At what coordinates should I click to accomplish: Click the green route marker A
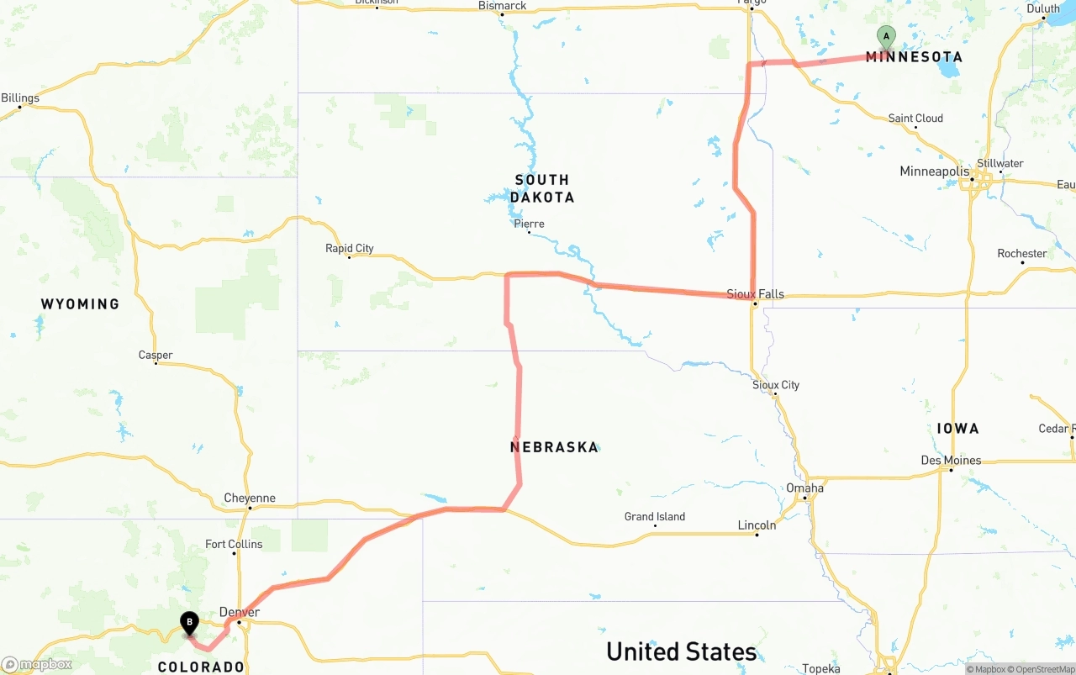(x=885, y=37)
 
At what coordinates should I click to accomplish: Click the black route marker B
(x=190, y=624)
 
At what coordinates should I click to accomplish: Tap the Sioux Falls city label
(x=755, y=294)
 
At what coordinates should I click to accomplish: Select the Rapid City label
(x=350, y=248)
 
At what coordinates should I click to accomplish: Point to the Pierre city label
(x=529, y=224)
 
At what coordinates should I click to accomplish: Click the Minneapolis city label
(x=934, y=171)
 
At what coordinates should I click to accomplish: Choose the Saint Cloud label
(x=915, y=119)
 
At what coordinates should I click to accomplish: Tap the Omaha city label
(x=804, y=488)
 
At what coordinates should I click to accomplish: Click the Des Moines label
(x=951, y=461)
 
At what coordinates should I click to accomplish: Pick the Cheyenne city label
(x=250, y=498)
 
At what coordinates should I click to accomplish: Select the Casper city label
(x=156, y=356)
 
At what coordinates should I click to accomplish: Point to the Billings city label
(x=20, y=98)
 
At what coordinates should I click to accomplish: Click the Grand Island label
(x=654, y=517)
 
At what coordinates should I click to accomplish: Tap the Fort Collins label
(x=234, y=545)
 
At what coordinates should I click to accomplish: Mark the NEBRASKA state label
(x=554, y=447)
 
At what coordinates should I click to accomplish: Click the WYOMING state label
(x=80, y=304)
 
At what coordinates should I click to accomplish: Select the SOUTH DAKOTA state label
(x=542, y=188)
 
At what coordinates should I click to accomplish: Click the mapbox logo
(x=37, y=664)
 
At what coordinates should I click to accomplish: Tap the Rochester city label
(x=1021, y=254)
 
